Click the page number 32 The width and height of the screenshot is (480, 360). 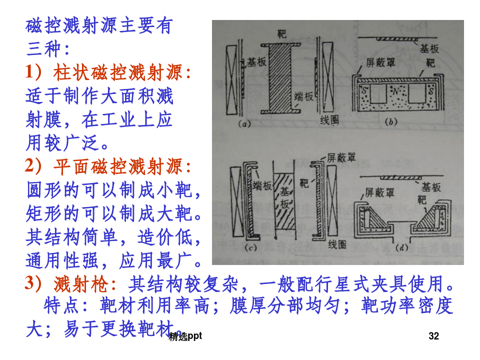[433, 336]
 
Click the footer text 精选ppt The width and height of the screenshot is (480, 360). [185, 336]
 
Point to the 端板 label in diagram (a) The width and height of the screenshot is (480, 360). [304, 96]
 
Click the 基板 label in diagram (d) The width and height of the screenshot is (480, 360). [431, 186]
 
